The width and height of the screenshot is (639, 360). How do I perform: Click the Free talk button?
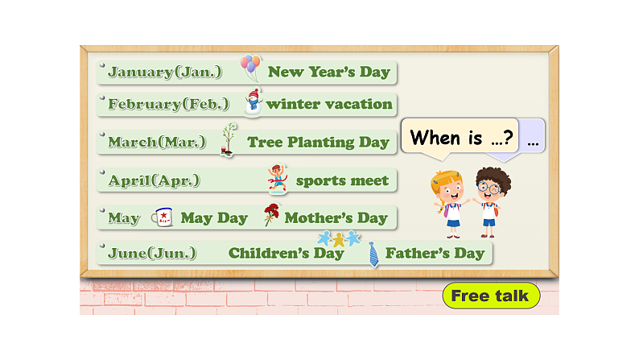coord(490,296)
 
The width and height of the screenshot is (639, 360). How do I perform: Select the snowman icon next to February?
coord(254,101)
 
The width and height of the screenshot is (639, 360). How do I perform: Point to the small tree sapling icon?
coord(229,139)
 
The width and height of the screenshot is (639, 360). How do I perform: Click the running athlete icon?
coord(278,178)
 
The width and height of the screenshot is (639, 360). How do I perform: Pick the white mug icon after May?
coord(162,217)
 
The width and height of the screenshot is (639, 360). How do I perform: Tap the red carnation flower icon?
coord(271,215)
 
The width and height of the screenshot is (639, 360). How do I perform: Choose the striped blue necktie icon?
coord(373,254)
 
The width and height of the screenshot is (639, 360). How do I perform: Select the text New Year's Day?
coord(328,72)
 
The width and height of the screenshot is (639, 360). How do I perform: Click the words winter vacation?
coord(329,104)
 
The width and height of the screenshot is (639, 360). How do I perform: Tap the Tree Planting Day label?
coord(318,143)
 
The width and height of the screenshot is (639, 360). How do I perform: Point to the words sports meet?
coord(342,180)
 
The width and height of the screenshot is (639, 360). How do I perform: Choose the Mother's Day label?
coord(336,217)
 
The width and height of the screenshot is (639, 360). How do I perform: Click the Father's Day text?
coord(435,253)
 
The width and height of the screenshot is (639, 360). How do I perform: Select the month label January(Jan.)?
coord(165,72)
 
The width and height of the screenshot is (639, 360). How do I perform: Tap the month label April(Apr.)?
coord(155,180)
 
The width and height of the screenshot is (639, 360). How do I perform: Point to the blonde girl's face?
coord(447,188)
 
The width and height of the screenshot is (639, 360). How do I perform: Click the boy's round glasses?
coord(487,188)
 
